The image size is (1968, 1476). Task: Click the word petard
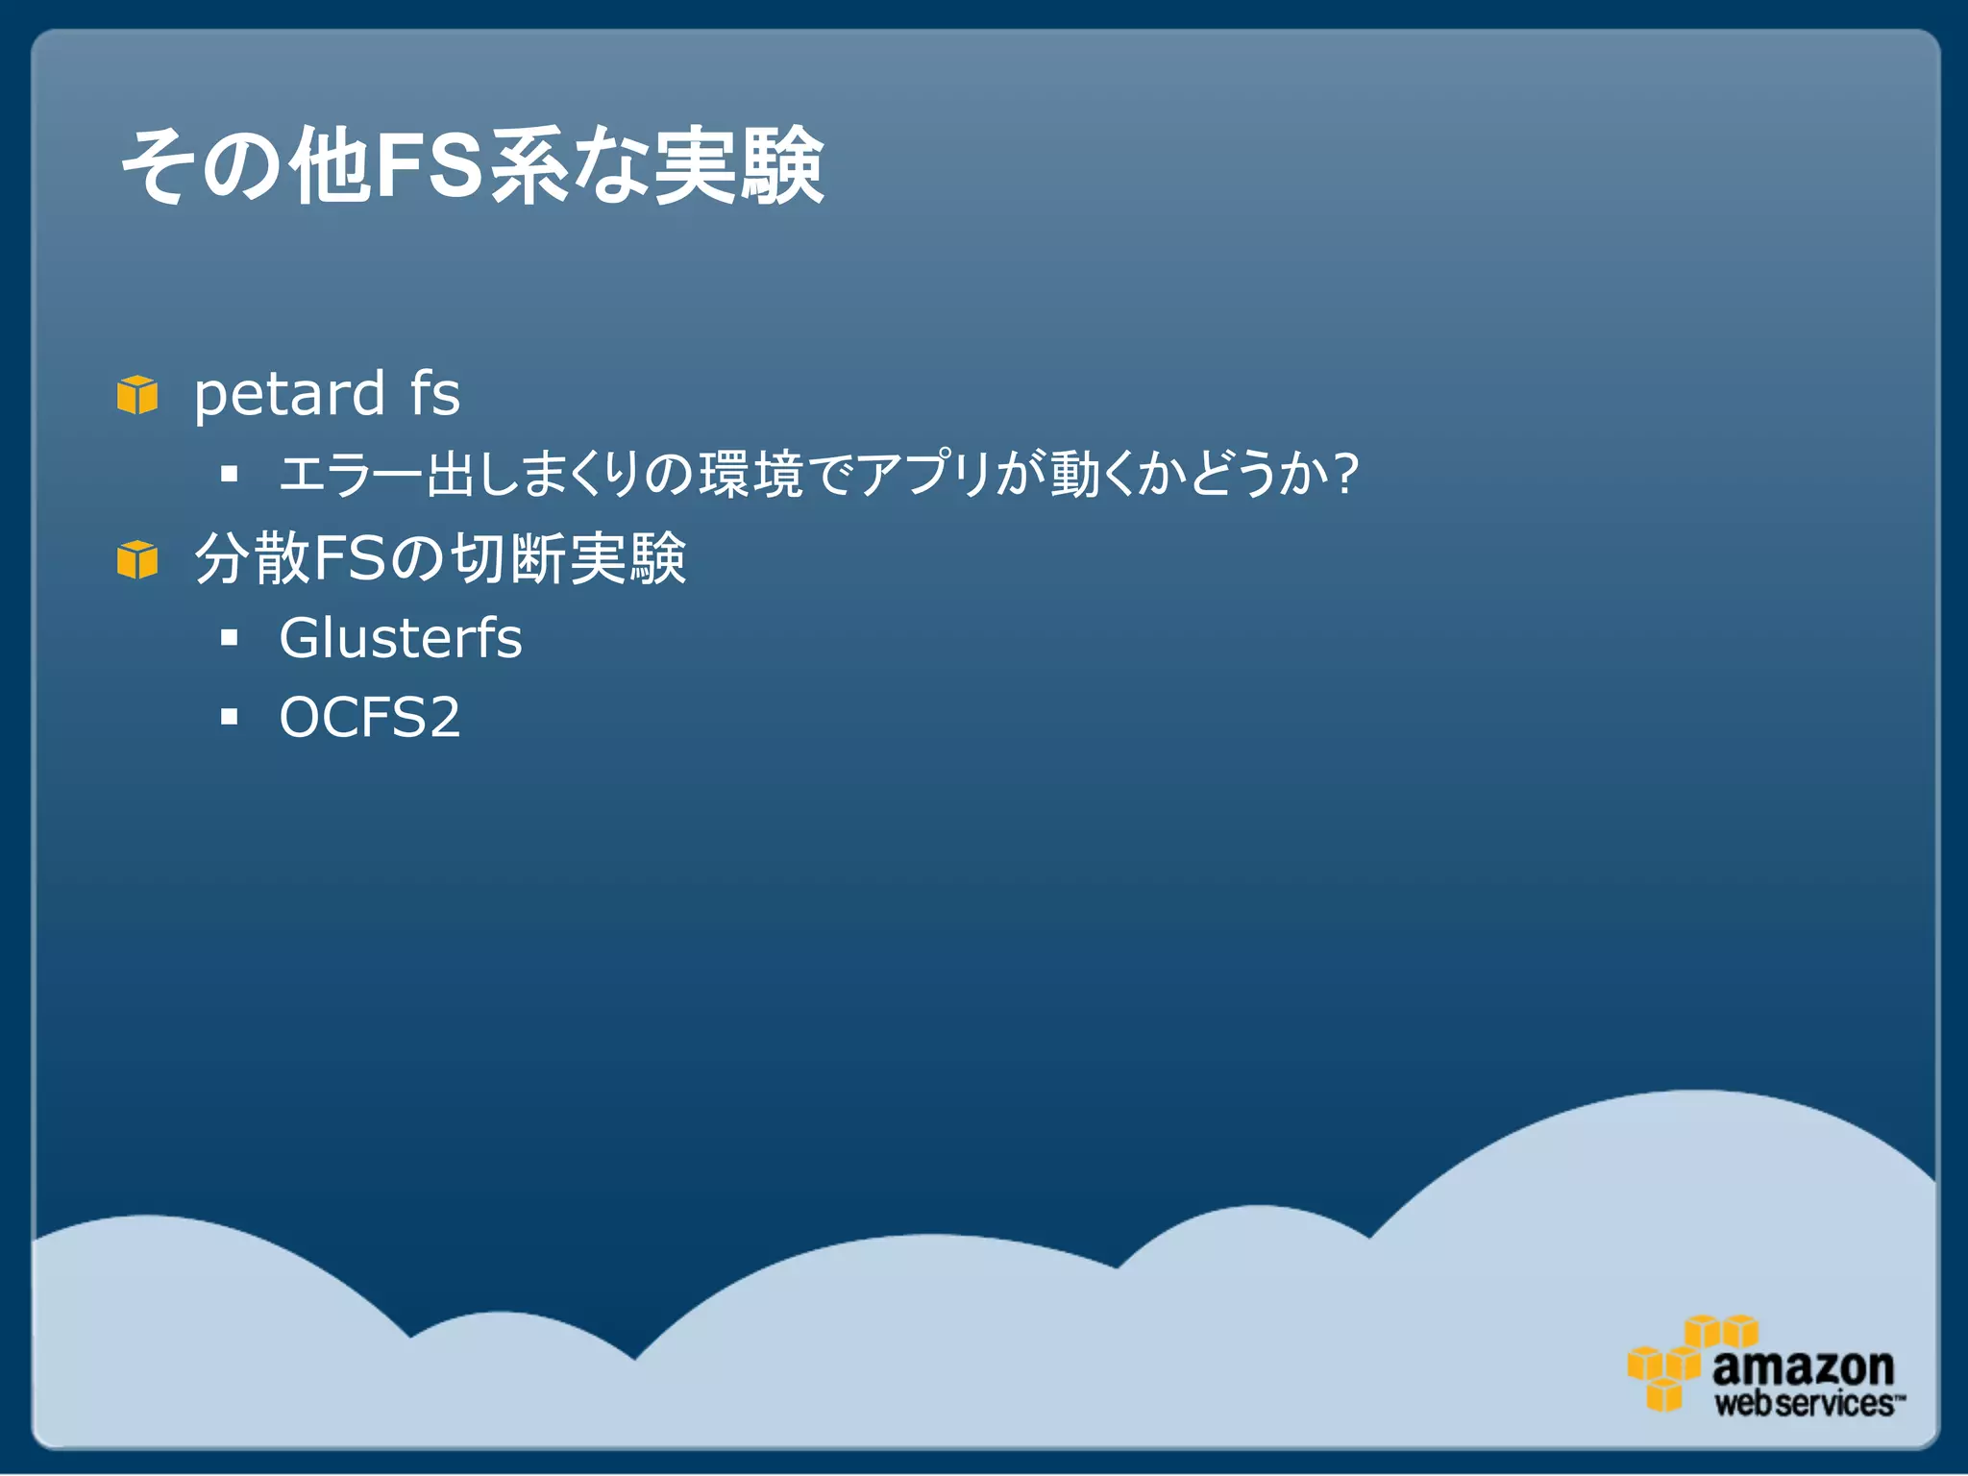click(289, 395)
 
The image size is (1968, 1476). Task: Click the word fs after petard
click(434, 393)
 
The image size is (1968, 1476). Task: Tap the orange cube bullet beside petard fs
click(137, 395)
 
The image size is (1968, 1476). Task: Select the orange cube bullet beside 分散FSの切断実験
click(137, 559)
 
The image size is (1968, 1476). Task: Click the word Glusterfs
click(400, 638)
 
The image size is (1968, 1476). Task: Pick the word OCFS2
click(369, 717)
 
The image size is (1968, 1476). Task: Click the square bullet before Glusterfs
click(229, 637)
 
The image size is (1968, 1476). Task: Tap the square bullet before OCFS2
click(229, 717)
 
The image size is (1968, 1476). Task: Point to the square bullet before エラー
click(229, 473)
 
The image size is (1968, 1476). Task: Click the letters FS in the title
click(430, 165)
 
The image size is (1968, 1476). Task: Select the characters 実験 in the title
click(739, 165)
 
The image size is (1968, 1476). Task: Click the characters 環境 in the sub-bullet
click(750, 474)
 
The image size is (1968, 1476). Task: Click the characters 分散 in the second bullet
click(252, 558)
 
